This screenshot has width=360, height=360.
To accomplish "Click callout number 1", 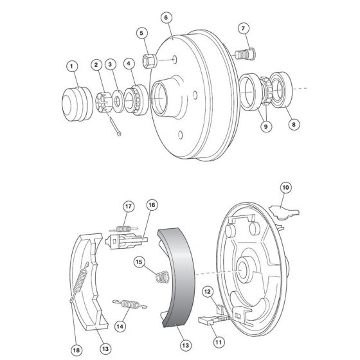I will point(72,65).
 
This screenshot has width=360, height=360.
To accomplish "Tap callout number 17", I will point(129,206).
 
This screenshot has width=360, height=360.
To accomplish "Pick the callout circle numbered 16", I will point(152,205).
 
